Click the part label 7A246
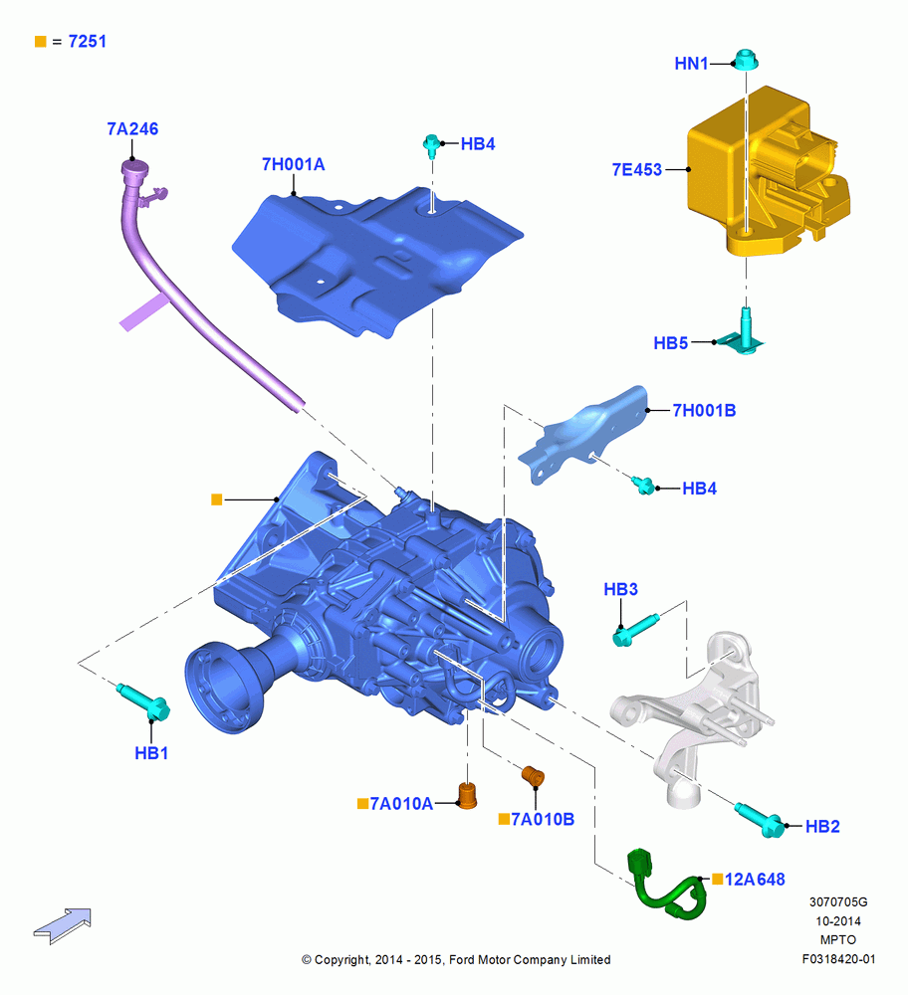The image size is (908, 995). (132, 128)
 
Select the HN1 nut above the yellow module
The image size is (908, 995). (746, 61)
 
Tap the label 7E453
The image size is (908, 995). (637, 169)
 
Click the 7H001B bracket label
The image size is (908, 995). (704, 411)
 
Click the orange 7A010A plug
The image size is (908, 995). (467, 796)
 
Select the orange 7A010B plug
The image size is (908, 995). (534, 776)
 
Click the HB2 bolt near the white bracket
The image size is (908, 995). (760, 819)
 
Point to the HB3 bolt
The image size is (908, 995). (635, 630)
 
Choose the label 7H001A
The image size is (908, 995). (294, 164)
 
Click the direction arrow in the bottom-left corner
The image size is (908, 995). (63, 925)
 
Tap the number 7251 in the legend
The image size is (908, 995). (87, 41)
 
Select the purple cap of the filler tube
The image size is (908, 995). (134, 168)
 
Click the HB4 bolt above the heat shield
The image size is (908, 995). (432, 144)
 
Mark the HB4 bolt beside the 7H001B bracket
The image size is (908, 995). (644, 486)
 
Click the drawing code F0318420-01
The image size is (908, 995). (838, 959)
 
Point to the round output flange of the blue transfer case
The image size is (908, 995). (222, 688)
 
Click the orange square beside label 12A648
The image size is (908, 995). (718, 879)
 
